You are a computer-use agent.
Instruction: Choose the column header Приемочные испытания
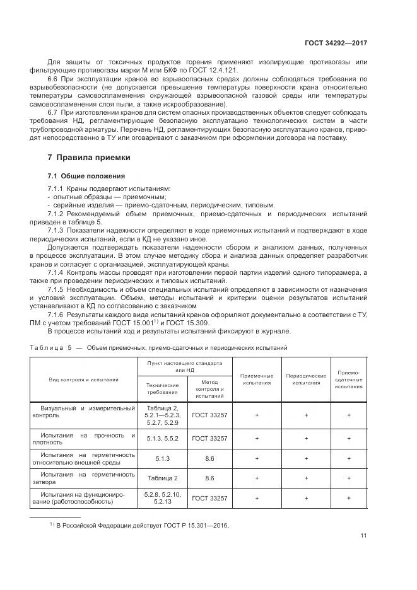[x=257, y=379]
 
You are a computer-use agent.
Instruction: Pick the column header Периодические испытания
[x=306, y=379]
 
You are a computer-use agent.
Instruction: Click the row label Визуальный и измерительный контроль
[x=88, y=412]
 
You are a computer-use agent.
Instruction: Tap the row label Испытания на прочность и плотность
[x=88, y=437]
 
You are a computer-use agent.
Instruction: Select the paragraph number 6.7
[x=53, y=111]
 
